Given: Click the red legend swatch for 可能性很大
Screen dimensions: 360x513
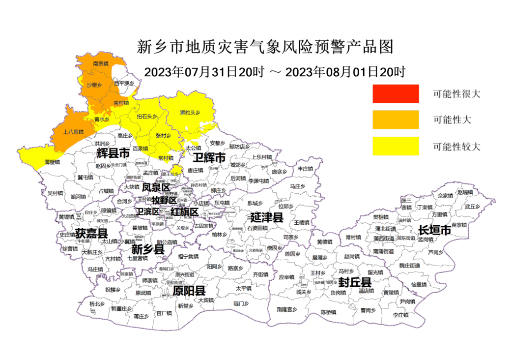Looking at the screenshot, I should click(x=396, y=94).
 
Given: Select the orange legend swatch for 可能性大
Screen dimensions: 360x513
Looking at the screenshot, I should click(x=396, y=120).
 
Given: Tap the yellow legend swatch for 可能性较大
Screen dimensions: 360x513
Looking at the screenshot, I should click(x=396, y=146).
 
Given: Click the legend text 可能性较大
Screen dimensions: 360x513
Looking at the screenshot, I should click(x=456, y=146).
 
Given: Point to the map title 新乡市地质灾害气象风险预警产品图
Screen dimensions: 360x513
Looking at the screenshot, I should click(x=265, y=47).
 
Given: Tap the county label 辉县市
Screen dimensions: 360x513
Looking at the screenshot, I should click(x=113, y=153).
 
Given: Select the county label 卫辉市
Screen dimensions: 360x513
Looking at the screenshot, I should click(x=209, y=158).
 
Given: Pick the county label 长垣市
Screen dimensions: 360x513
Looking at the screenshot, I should click(x=434, y=230).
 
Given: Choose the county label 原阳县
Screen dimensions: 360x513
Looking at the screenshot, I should click(x=189, y=291).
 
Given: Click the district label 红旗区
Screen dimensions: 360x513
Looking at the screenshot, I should click(x=184, y=212).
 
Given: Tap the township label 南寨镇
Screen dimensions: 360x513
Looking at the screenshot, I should click(x=102, y=63).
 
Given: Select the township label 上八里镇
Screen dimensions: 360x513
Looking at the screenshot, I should click(x=74, y=132).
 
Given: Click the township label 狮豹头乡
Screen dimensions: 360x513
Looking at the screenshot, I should click(x=190, y=113).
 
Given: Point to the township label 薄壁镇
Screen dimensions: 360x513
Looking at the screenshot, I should click(x=52, y=161).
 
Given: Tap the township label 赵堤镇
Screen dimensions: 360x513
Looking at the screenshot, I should click(x=464, y=192).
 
